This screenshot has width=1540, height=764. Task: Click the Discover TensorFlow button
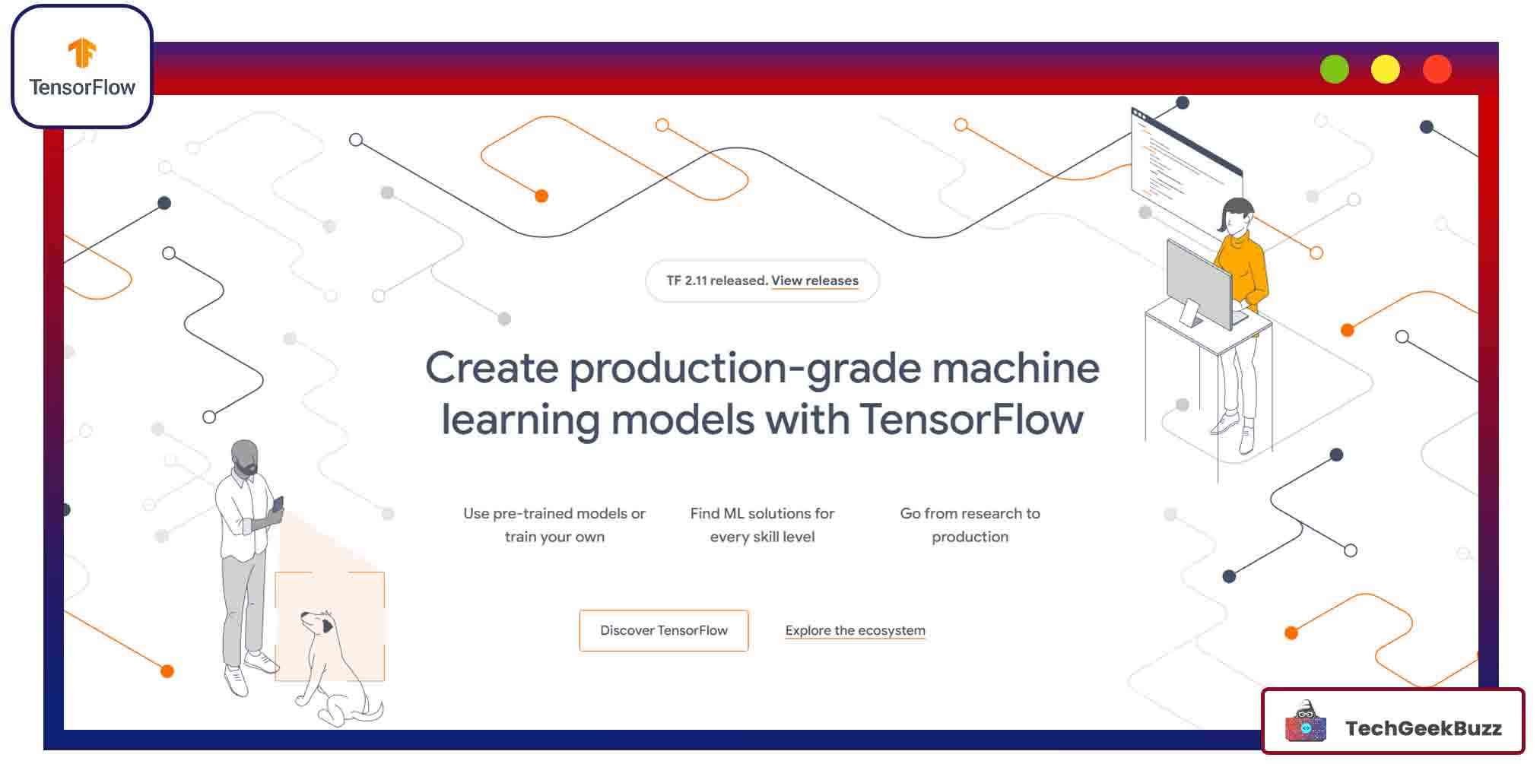(x=663, y=630)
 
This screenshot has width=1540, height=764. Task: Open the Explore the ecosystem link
(x=855, y=630)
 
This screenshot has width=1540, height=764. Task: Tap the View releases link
(x=814, y=281)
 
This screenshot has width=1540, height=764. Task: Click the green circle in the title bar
(x=1334, y=69)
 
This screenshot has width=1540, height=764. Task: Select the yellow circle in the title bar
(x=1385, y=69)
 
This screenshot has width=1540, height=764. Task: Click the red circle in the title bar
(x=1437, y=69)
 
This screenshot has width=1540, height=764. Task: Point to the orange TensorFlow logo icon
(x=82, y=52)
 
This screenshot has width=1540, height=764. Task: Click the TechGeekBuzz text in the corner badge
(x=1423, y=728)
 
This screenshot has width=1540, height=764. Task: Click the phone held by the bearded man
(x=278, y=504)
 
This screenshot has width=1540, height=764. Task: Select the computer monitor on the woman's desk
(x=1199, y=284)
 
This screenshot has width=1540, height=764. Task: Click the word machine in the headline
(x=1015, y=369)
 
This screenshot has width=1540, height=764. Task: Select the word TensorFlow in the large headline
(x=971, y=420)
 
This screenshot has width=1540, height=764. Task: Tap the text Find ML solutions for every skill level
(x=762, y=525)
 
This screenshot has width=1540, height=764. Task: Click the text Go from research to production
(x=970, y=525)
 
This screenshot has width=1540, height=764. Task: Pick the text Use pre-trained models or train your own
(x=554, y=525)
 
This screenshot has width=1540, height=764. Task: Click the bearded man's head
(x=245, y=456)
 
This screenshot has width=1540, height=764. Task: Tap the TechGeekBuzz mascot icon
(x=1305, y=722)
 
